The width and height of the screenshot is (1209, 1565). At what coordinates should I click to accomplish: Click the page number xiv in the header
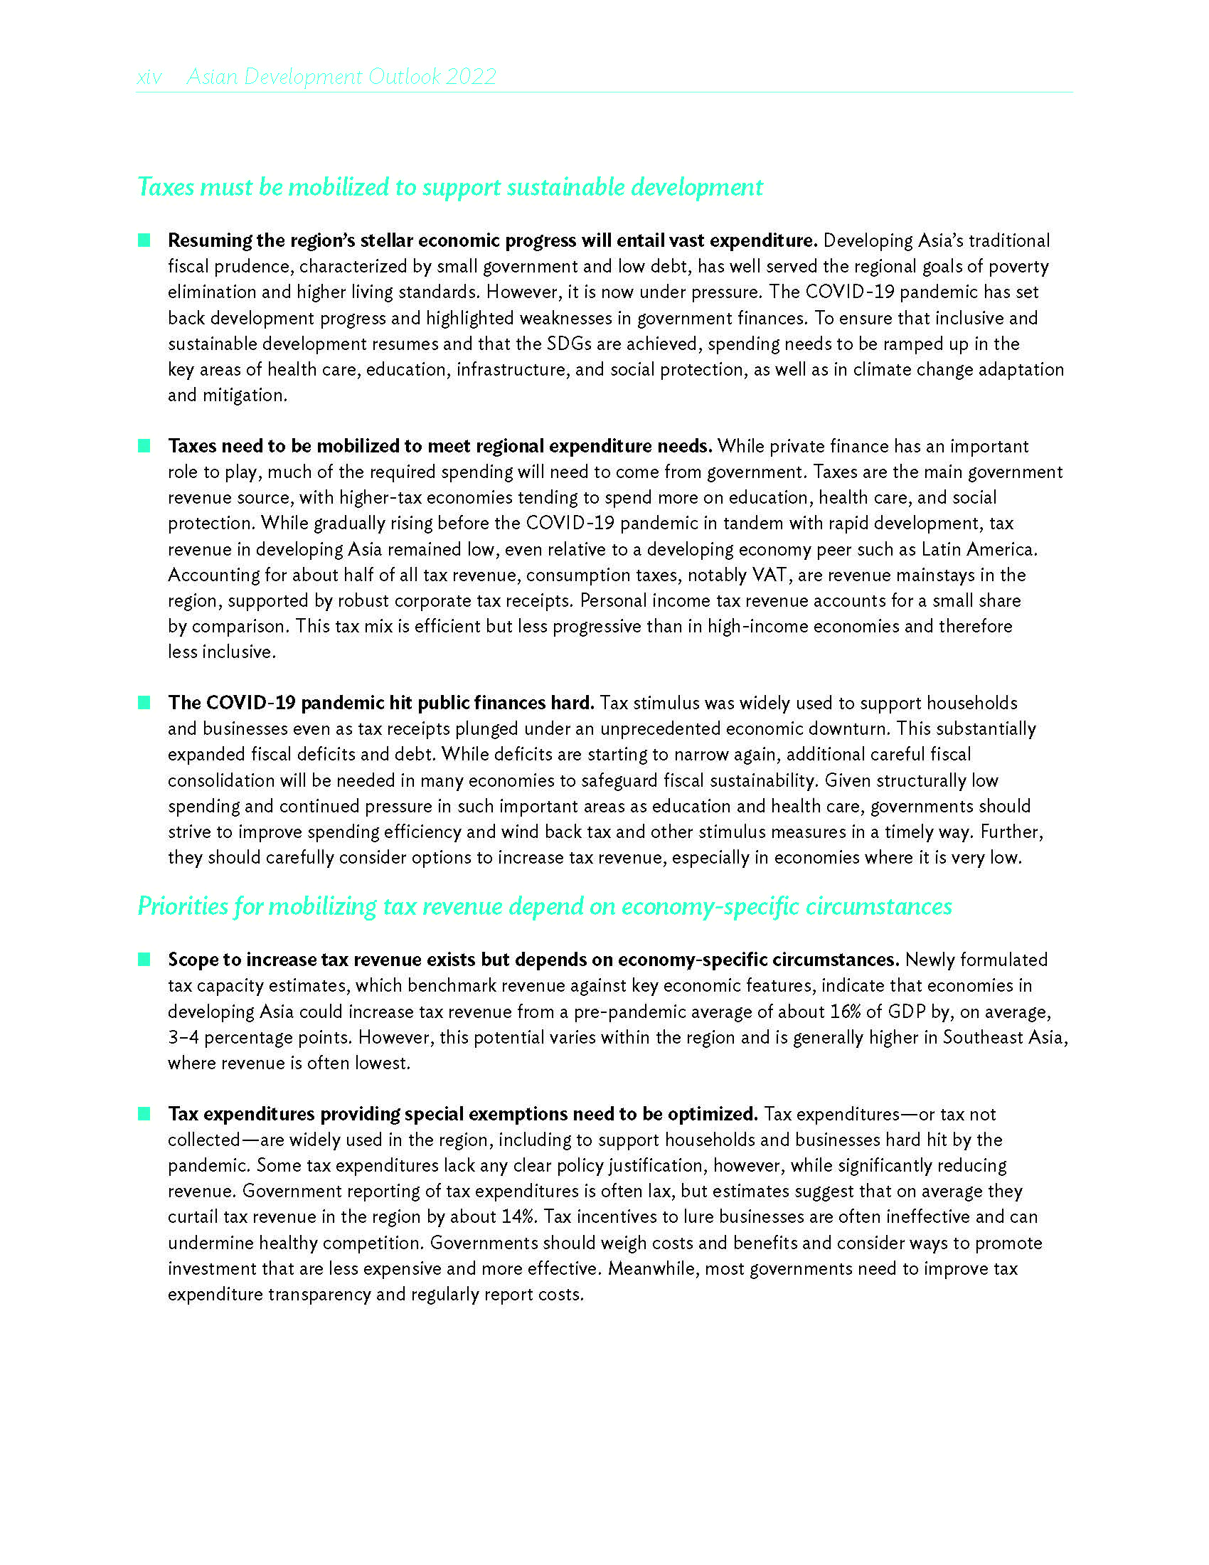tap(149, 77)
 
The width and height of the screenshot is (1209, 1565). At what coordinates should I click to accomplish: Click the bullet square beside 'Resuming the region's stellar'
tap(144, 240)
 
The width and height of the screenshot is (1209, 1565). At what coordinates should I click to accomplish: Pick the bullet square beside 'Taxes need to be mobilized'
tap(144, 446)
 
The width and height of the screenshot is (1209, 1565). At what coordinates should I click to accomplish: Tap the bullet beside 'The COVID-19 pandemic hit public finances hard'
tap(144, 702)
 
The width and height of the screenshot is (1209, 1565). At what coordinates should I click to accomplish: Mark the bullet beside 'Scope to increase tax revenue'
tap(144, 959)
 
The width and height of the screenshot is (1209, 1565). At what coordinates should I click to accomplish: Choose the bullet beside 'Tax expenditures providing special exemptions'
tap(144, 1113)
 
